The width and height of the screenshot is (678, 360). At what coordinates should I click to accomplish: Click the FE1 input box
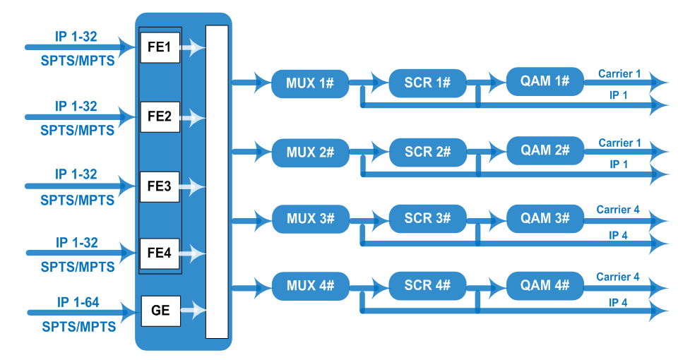tap(160, 48)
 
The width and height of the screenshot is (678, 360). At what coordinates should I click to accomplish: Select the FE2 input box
tap(160, 116)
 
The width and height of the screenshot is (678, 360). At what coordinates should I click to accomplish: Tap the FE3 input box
tap(160, 186)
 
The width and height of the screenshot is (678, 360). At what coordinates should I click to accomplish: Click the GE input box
tap(160, 309)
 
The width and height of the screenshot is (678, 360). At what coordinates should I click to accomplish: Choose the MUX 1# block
tap(310, 83)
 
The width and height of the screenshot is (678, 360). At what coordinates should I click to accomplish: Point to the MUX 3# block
tap(310, 219)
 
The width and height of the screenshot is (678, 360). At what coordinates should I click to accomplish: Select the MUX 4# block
tap(310, 287)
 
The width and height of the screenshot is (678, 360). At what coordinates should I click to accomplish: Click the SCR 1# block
tap(427, 83)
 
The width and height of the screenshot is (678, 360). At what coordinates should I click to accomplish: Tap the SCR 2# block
tap(427, 152)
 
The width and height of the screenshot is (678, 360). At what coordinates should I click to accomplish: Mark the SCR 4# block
tap(427, 287)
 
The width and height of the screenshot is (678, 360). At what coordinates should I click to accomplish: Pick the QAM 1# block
tap(545, 82)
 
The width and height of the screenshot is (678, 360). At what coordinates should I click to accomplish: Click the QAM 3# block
tap(545, 218)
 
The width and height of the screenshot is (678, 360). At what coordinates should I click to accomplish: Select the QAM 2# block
tap(545, 150)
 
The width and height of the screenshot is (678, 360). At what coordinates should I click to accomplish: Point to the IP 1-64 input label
tap(77, 304)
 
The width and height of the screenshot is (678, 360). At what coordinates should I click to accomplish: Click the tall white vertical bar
tap(217, 181)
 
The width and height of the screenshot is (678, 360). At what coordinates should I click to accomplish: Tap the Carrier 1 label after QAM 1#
tap(619, 73)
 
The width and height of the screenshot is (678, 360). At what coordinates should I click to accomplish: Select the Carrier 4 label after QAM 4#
tap(618, 277)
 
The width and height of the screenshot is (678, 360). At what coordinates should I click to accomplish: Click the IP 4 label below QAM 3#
tap(619, 235)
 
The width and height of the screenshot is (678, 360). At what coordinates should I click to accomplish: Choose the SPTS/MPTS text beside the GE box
tap(78, 327)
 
